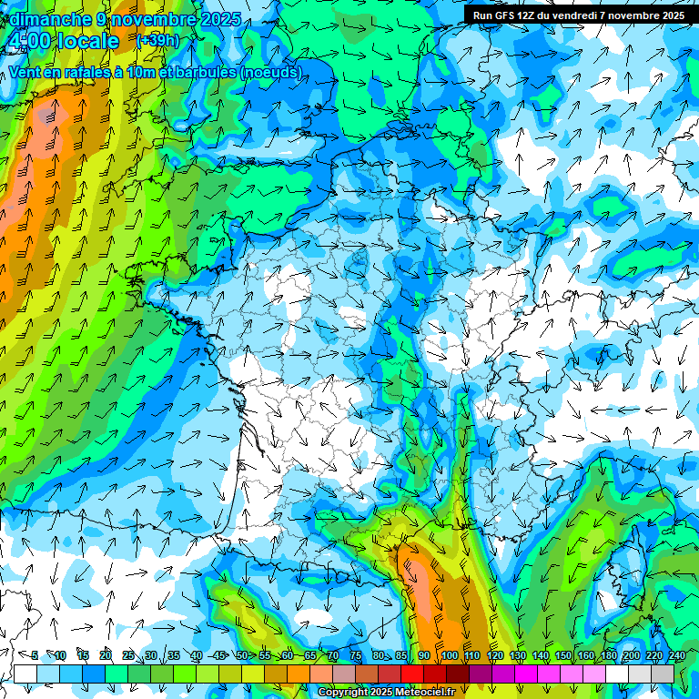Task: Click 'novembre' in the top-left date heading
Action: (x=150, y=19)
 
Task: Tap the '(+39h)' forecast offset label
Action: (x=157, y=41)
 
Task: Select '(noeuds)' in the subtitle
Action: (x=272, y=72)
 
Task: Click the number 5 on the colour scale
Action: (x=35, y=656)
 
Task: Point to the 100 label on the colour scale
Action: (x=449, y=656)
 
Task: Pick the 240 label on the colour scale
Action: (x=677, y=656)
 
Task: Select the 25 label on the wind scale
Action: (x=128, y=656)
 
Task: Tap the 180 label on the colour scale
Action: (x=608, y=656)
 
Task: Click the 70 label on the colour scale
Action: (x=333, y=656)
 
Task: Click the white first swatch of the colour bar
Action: (x=25, y=674)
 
